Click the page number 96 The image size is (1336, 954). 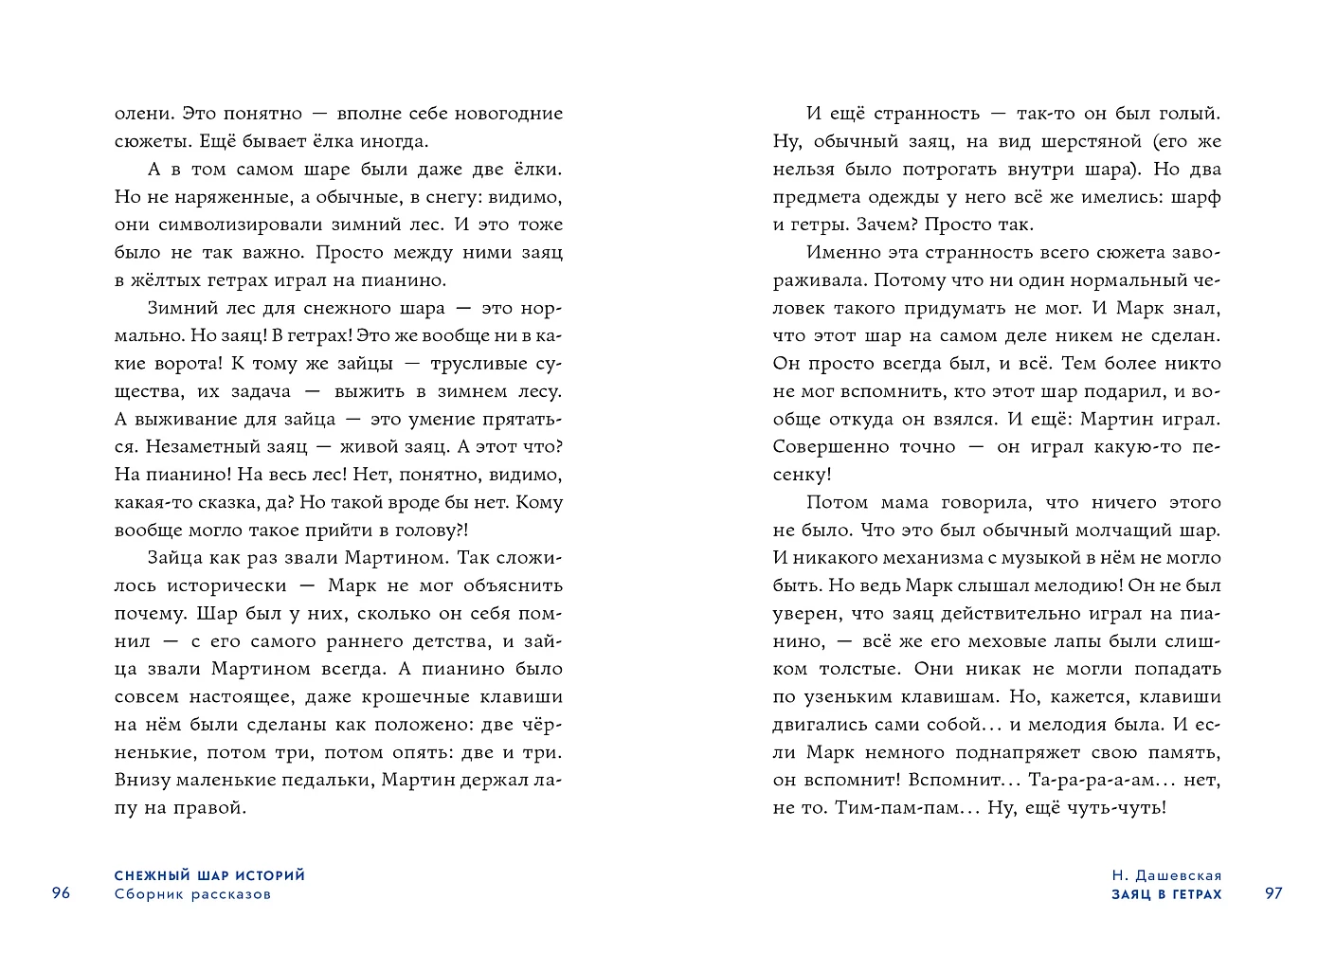[62, 894]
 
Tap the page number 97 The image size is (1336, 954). [1273, 894]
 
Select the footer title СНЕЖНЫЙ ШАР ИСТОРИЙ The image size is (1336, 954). [209, 876]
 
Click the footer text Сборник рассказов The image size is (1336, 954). [192, 894]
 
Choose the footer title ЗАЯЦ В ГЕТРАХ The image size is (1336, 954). [1166, 894]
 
